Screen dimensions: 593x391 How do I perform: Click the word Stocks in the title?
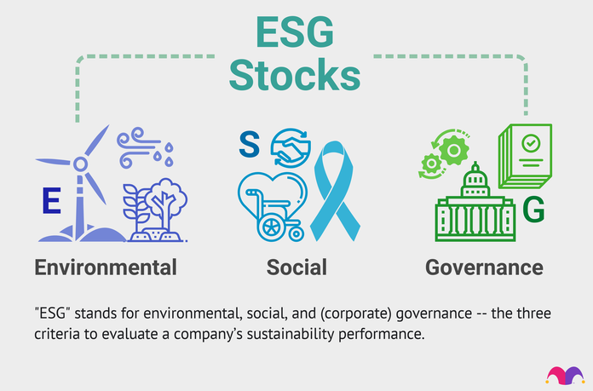pos(295,75)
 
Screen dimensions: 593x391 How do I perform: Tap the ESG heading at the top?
pos(295,32)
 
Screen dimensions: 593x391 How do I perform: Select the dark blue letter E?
pos(51,200)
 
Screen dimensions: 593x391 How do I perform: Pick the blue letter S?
pos(250,144)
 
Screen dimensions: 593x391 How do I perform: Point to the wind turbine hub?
pos(80,164)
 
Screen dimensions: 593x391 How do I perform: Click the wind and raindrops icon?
pos(145,148)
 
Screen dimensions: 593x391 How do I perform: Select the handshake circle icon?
pos(291,148)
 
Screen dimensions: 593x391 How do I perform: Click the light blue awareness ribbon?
pos(334,191)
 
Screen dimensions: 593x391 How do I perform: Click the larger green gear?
pos(453,150)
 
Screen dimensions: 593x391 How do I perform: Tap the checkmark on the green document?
pos(531,143)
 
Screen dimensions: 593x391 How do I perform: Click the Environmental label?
pos(106,267)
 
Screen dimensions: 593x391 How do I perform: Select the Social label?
pos(296,267)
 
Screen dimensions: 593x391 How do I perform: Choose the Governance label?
pos(484,267)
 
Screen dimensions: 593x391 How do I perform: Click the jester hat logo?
pos(565,376)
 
